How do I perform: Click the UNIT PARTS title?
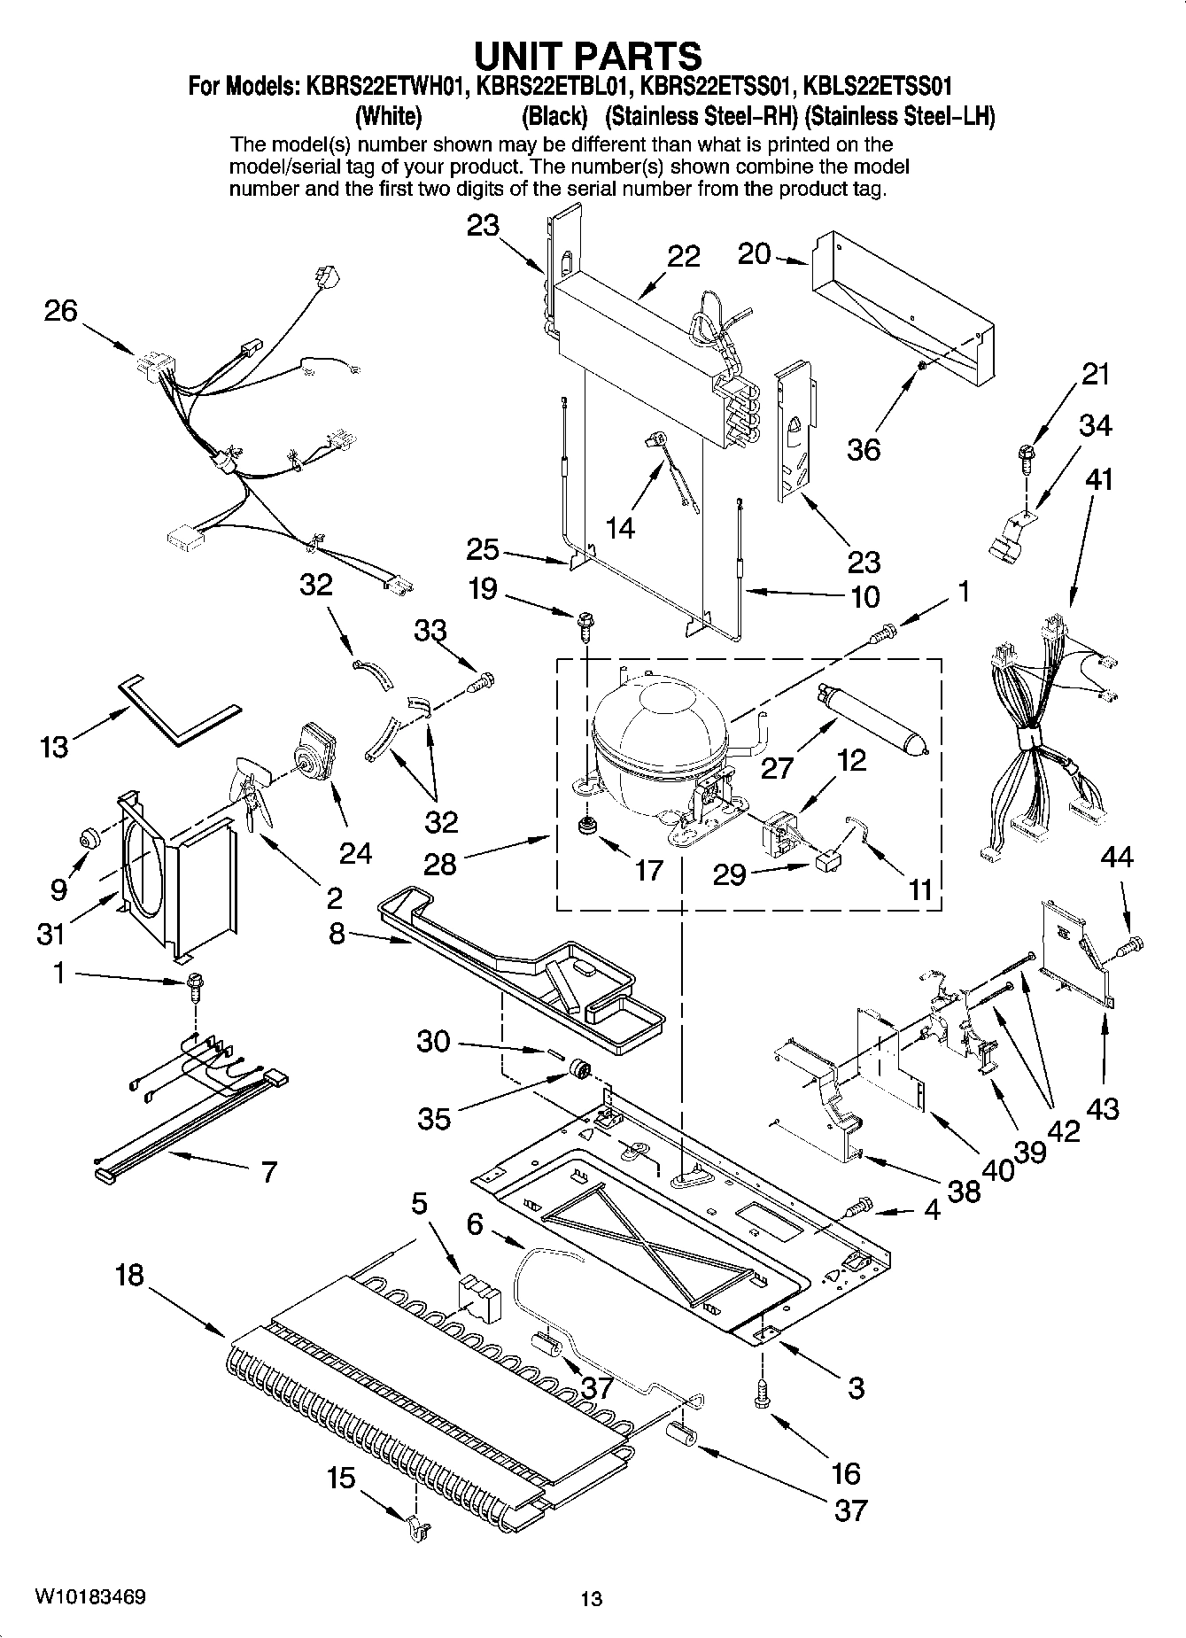588,55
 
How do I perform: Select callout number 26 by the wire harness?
60,311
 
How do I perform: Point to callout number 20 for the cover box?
754,254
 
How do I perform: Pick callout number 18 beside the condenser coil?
129,1277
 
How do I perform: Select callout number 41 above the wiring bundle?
1098,479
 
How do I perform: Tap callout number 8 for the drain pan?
337,933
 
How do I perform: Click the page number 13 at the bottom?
592,1598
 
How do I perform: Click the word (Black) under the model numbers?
554,116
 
